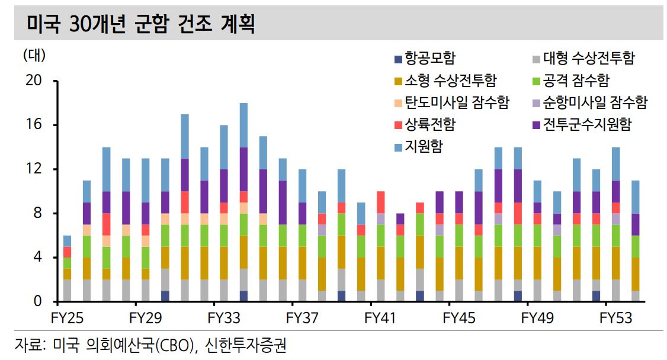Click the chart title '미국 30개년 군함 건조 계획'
(x=141, y=24)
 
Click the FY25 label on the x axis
(x=67, y=318)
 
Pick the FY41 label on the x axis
(x=380, y=318)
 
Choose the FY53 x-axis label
(x=615, y=318)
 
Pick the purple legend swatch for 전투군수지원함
(x=536, y=125)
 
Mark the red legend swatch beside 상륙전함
(x=397, y=125)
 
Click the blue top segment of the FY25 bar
(x=67, y=241)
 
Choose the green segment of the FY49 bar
(x=537, y=236)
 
